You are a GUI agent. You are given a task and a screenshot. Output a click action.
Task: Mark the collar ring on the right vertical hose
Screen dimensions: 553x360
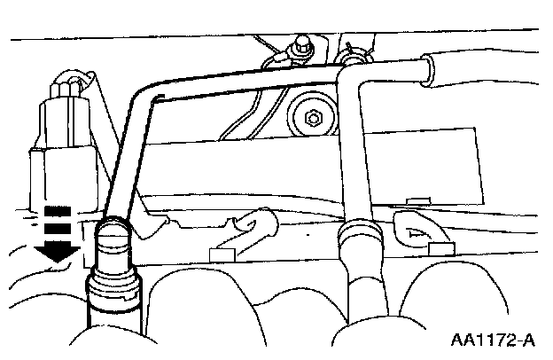361,238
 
